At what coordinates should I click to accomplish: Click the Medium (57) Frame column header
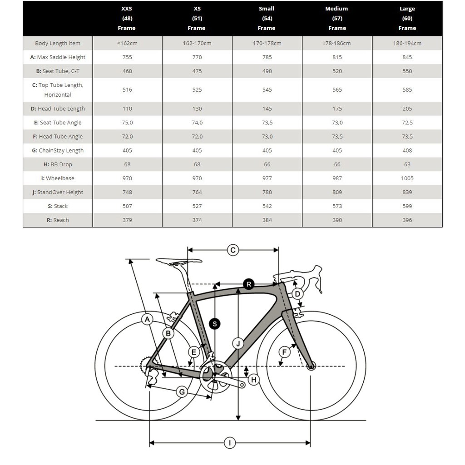(x=337, y=18)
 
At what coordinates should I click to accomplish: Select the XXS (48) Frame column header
(x=127, y=18)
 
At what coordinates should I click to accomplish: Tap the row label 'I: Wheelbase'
(x=58, y=178)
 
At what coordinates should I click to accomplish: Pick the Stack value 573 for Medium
(x=337, y=206)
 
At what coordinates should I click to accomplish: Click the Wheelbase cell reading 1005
(x=407, y=178)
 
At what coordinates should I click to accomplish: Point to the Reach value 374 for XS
(x=197, y=220)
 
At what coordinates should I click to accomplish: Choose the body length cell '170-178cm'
(x=267, y=44)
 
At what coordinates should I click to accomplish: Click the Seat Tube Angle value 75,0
(x=127, y=123)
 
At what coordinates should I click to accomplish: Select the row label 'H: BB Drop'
(x=58, y=164)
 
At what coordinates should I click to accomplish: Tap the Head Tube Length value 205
(x=407, y=109)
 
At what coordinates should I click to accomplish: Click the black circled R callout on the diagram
(x=248, y=284)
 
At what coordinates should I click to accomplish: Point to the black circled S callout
(x=215, y=324)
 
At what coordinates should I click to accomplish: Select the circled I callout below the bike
(x=230, y=443)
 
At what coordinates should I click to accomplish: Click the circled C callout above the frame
(x=233, y=250)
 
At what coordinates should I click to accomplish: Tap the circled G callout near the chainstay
(x=182, y=392)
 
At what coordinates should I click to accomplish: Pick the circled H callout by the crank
(x=253, y=380)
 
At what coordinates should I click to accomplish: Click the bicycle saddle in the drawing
(x=178, y=262)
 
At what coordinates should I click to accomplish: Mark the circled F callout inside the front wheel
(x=284, y=352)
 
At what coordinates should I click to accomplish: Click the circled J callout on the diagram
(x=237, y=343)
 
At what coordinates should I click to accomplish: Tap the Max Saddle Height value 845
(x=407, y=57)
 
